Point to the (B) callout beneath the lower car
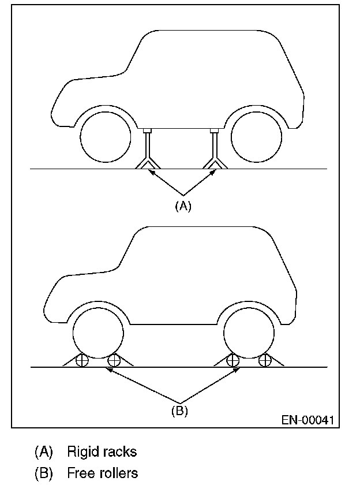point(181,412)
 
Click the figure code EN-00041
point(307,420)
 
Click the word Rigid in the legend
point(80,450)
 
